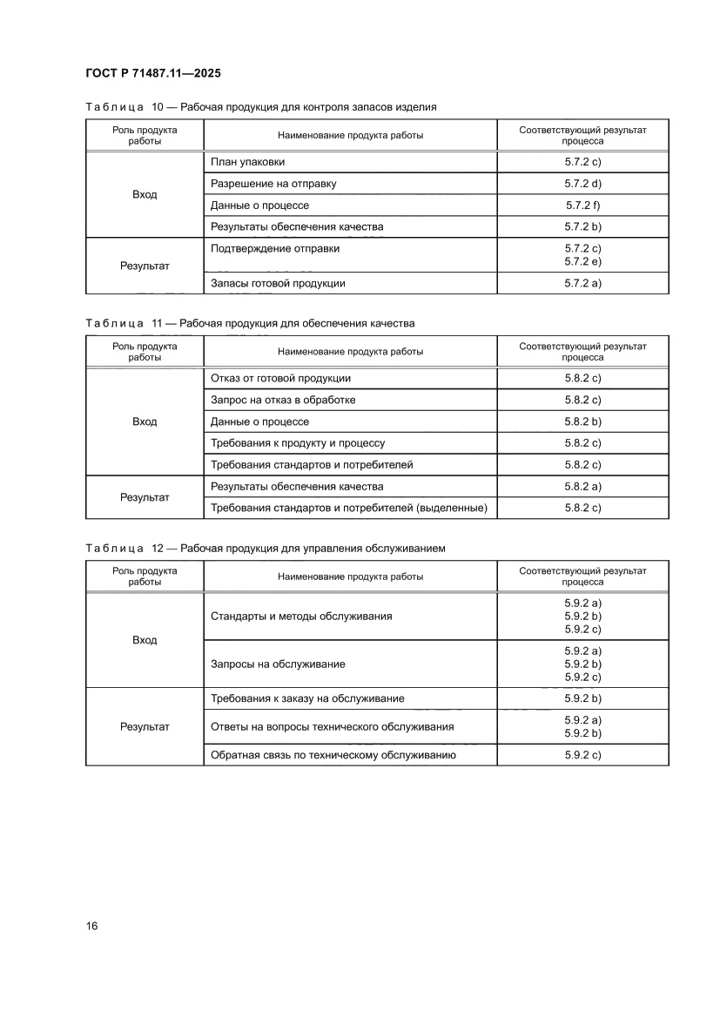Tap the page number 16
91,926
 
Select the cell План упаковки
247,162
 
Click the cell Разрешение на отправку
273,184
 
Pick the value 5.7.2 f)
582,206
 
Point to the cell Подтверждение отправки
275,248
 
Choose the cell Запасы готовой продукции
278,283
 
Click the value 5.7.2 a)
582,283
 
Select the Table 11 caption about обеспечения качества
250,323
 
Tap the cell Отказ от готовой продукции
280,378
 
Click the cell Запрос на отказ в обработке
283,400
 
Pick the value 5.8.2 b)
582,421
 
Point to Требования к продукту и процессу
298,443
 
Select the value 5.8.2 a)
582,486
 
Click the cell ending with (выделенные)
348,508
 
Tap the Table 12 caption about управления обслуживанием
266,549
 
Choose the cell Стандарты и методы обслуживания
301,616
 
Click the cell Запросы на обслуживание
278,664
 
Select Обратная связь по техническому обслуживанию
333,755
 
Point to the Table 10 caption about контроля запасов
261,107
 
